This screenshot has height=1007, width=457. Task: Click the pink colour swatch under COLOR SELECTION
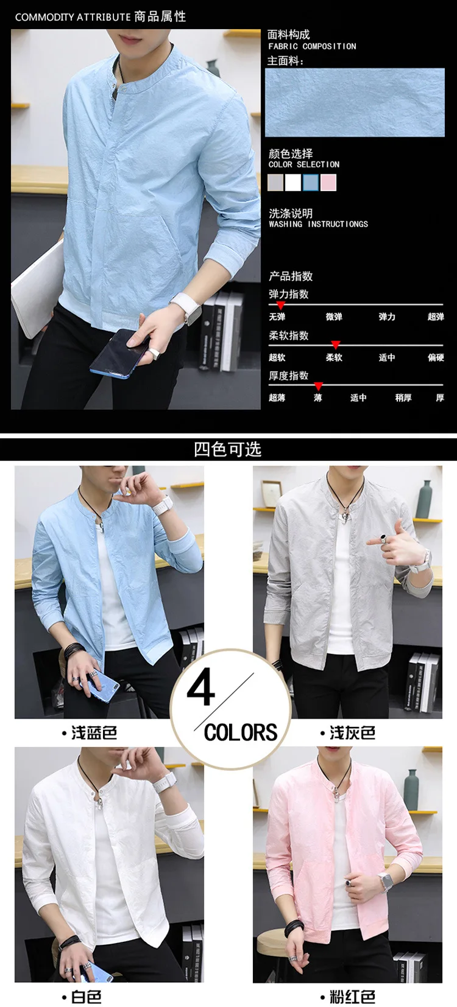point(328,183)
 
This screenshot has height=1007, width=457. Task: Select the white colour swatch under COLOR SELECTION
point(293,183)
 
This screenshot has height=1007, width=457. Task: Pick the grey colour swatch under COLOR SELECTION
point(275,183)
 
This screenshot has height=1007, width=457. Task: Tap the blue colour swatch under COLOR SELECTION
point(311,183)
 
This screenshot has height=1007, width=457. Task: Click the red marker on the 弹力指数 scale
point(280,305)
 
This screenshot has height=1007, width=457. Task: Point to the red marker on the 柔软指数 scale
point(336,345)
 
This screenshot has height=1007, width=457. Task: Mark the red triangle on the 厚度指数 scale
point(319,386)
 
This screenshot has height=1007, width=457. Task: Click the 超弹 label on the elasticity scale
point(436,317)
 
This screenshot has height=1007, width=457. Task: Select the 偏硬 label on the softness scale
point(436,358)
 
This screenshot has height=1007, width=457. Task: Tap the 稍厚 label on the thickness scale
point(403,398)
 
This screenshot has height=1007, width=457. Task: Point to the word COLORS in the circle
point(241,732)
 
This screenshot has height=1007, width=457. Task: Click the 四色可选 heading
point(228,449)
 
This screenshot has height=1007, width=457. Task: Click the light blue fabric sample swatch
point(355,102)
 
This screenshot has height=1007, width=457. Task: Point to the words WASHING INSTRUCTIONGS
point(319,224)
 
